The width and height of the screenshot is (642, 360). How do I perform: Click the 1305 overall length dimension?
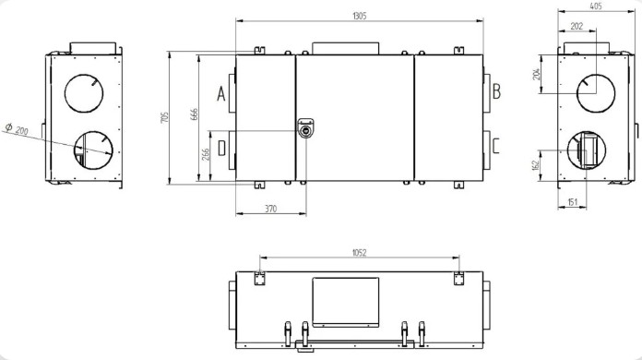click(x=359, y=16)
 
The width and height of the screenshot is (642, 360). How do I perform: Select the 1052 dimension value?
click(x=359, y=253)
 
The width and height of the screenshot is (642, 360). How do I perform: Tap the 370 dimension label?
click(x=270, y=209)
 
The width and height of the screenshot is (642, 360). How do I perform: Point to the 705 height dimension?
click(x=164, y=117)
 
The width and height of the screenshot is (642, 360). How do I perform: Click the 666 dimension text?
click(x=195, y=114)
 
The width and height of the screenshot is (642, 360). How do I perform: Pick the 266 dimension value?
click(x=206, y=154)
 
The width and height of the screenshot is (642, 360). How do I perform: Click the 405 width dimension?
click(x=596, y=6)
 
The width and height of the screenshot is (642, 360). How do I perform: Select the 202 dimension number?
click(x=577, y=26)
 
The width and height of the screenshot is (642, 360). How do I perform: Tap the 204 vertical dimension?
click(x=537, y=74)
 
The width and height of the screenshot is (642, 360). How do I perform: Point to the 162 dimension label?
click(x=537, y=165)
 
